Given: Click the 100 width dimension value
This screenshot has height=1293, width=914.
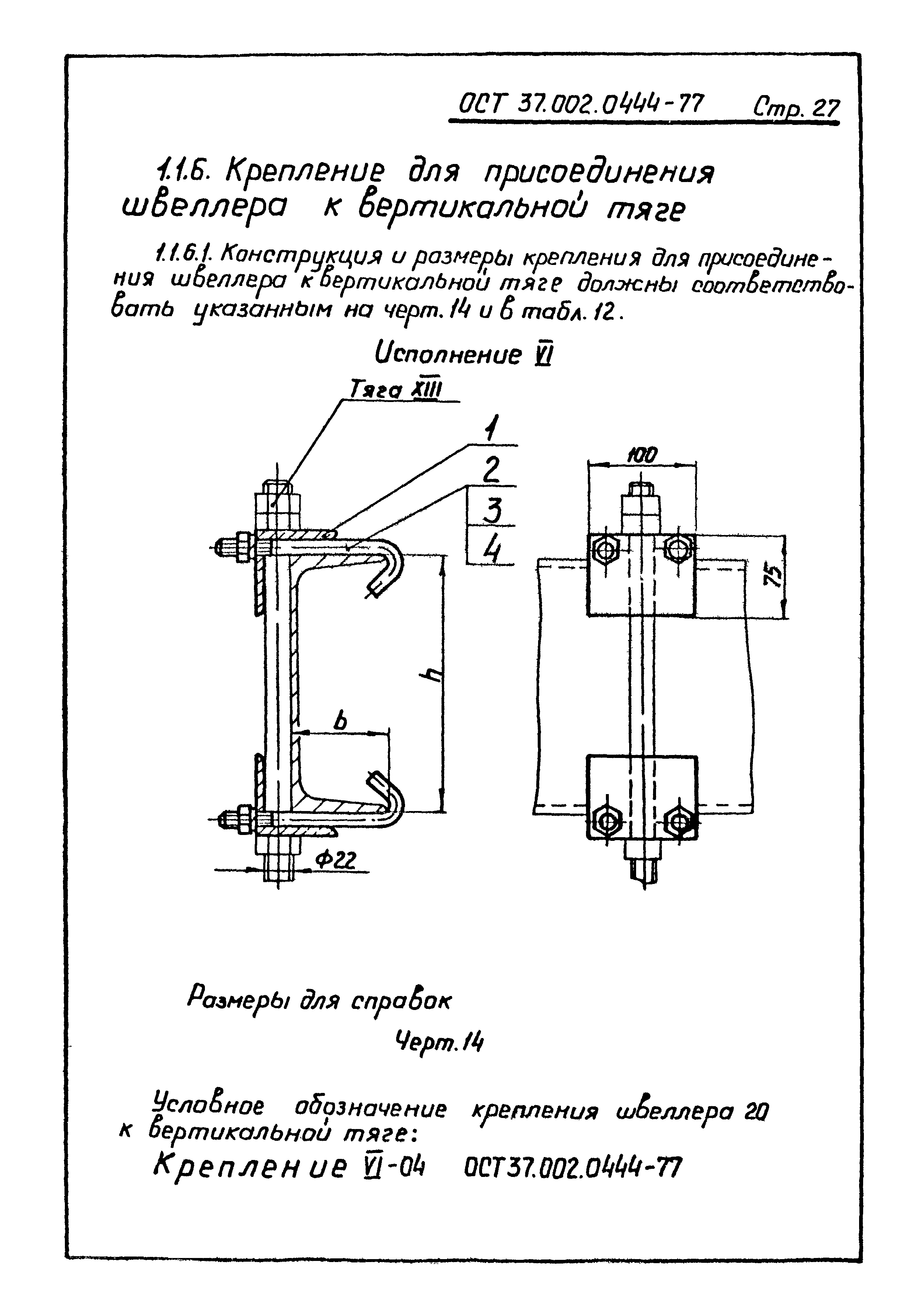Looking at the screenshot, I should pos(641,455).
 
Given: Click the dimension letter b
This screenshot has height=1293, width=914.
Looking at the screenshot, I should pos(340,720).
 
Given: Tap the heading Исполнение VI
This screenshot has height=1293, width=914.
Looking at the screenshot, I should pos(462,355).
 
